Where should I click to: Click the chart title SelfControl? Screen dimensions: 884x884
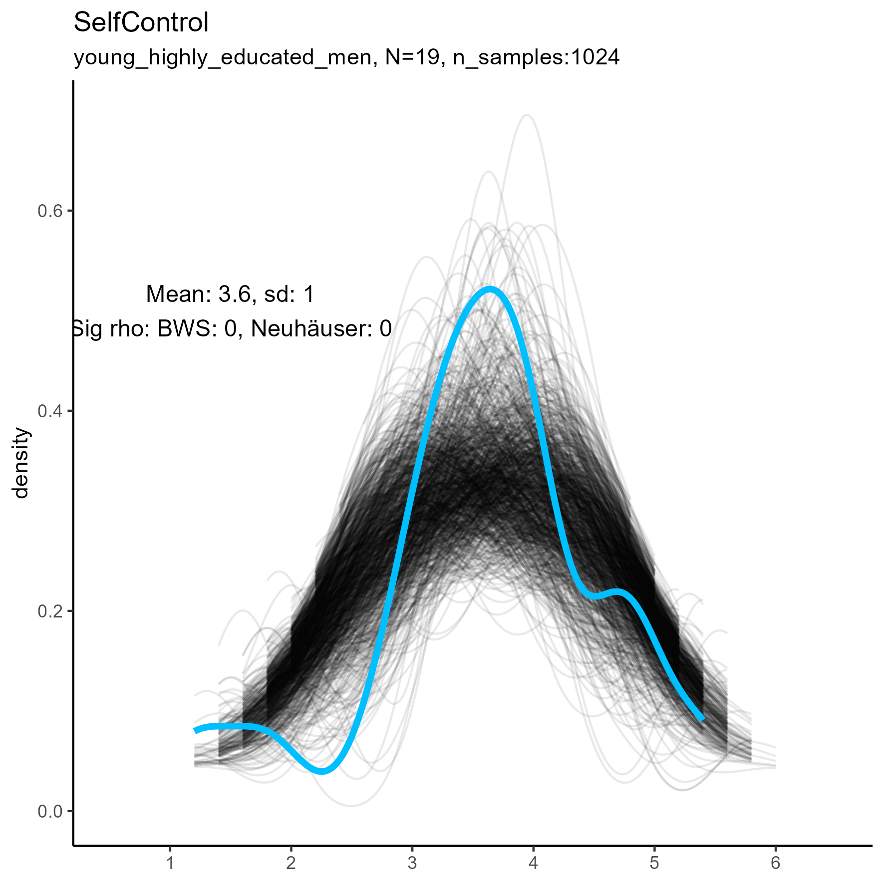tap(141, 23)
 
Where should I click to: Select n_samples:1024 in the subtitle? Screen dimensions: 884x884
tap(536, 58)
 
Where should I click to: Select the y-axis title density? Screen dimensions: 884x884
tap(21, 463)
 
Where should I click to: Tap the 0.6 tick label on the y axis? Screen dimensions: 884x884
tap(50, 211)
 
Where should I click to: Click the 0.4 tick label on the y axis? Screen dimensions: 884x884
tap(50, 411)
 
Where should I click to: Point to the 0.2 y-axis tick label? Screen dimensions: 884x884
tap(50, 611)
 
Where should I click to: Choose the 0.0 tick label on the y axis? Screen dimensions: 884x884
tap(50, 811)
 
